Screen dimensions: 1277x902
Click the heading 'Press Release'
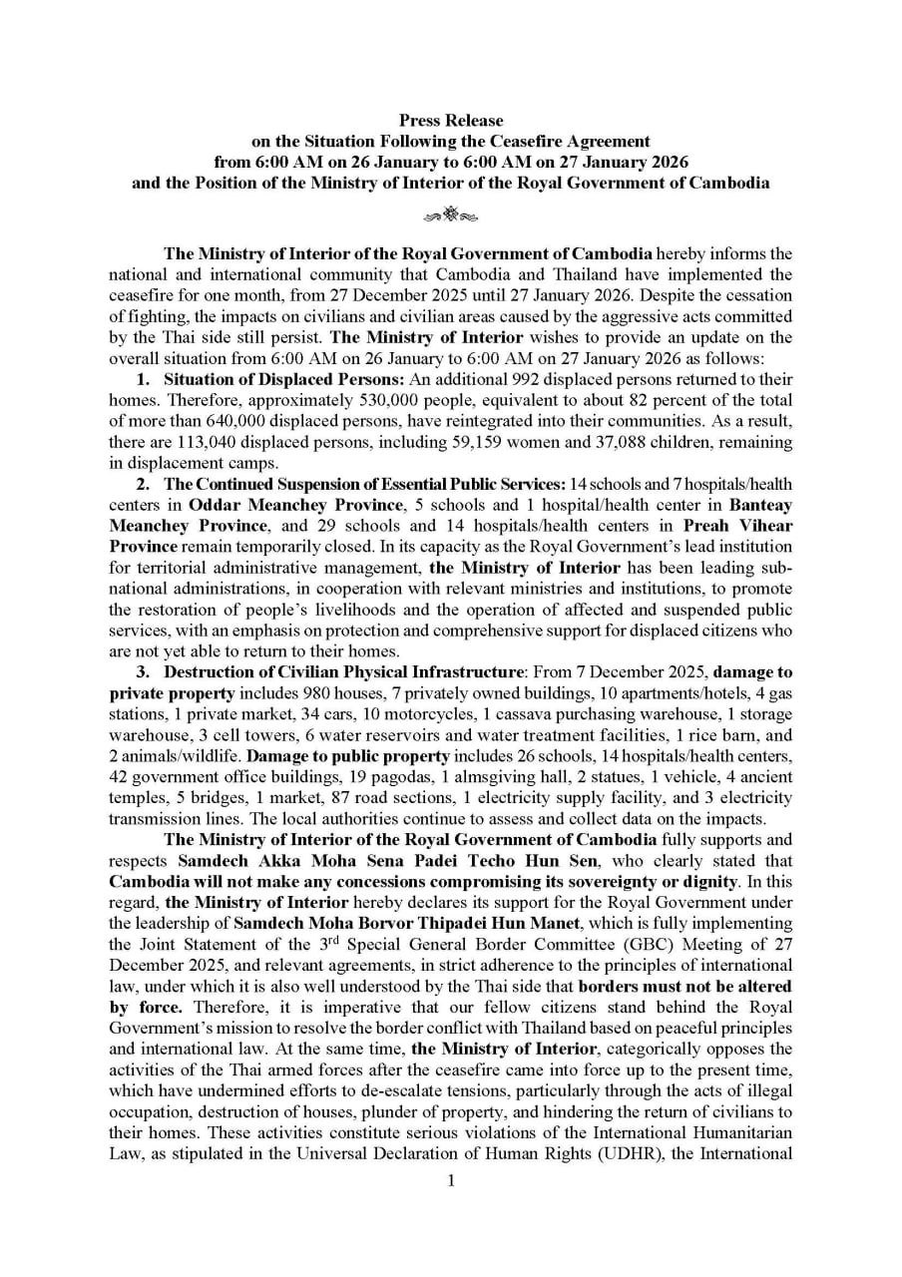[451, 121]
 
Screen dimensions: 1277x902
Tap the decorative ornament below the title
[451, 213]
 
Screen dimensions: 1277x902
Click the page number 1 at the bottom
[451, 1182]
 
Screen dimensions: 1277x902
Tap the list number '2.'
[144, 484]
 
